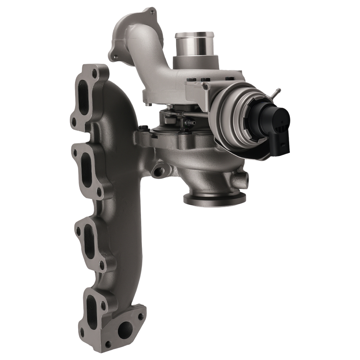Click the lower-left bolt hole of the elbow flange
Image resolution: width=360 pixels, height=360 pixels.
[x=115, y=57]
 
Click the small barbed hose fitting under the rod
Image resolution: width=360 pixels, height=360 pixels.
[x=190, y=123]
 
